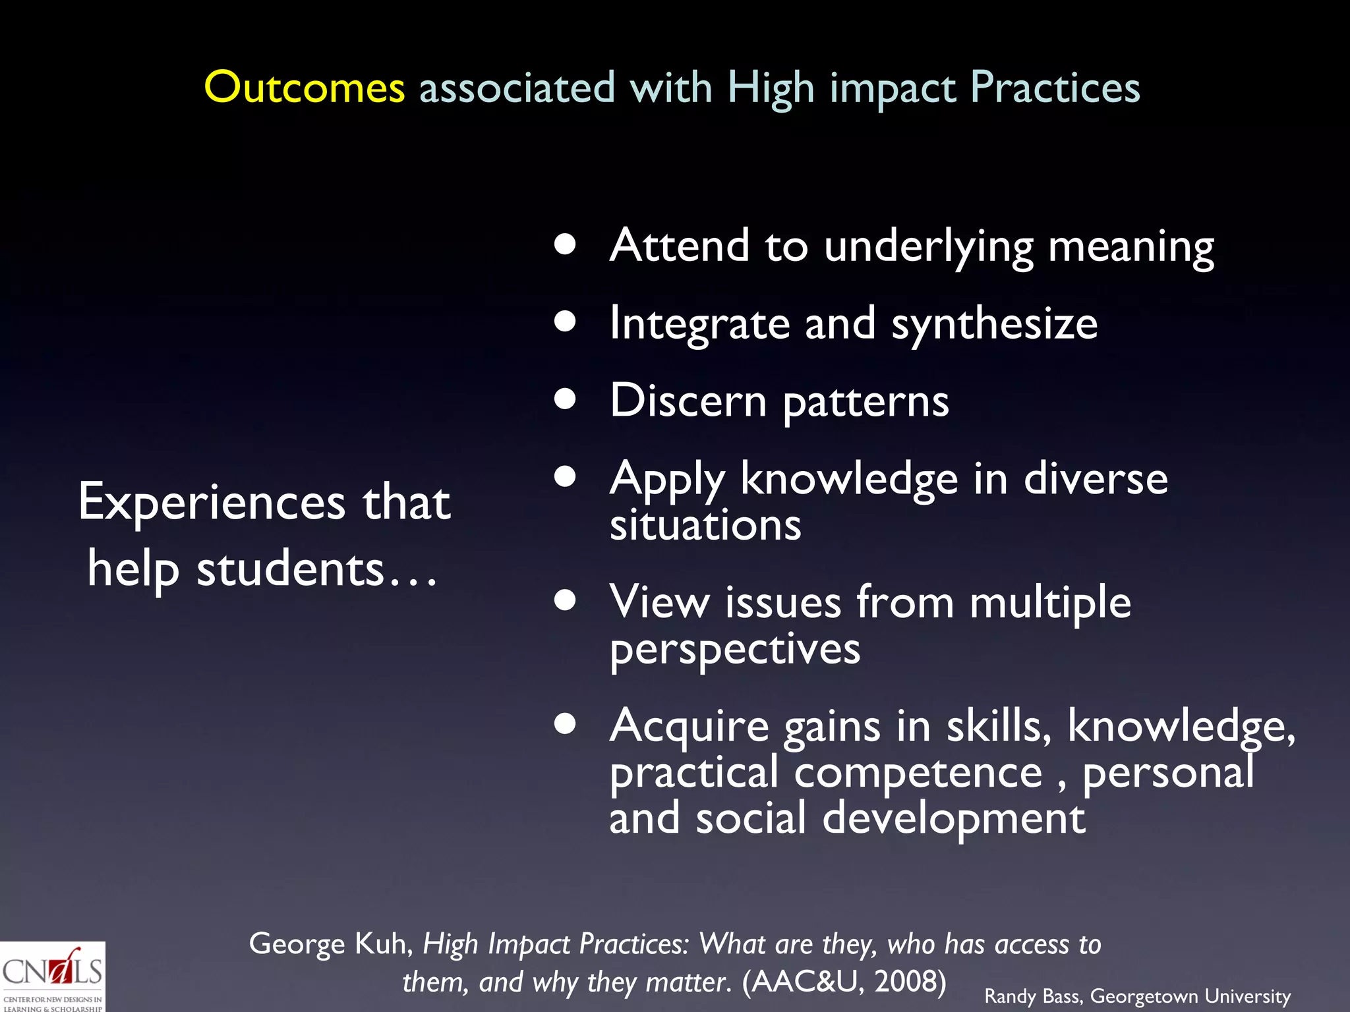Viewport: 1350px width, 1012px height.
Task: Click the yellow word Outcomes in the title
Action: point(304,88)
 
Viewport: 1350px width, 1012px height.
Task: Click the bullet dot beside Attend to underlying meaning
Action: point(565,244)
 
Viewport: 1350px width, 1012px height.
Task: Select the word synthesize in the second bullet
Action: point(994,324)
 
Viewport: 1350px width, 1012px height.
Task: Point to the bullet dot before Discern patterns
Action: point(565,399)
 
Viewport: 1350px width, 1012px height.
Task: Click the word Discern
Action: point(688,401)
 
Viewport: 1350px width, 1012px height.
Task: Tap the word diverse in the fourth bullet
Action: point(1096,479)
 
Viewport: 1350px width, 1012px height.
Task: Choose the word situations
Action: point(705,526)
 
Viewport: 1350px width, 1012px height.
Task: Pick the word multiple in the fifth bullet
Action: point(1050,603)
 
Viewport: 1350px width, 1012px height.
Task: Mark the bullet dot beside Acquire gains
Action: point(565,723)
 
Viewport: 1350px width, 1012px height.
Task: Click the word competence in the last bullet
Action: point(918,773)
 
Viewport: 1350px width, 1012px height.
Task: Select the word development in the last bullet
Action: point(953,819)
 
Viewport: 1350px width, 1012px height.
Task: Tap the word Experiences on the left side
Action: point(212,503)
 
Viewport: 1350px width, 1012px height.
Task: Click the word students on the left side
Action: point(290,570)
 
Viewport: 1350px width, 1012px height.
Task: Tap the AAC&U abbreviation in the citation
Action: point(806,982)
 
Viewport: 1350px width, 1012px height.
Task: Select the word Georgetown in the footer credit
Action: point(1144,996)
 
